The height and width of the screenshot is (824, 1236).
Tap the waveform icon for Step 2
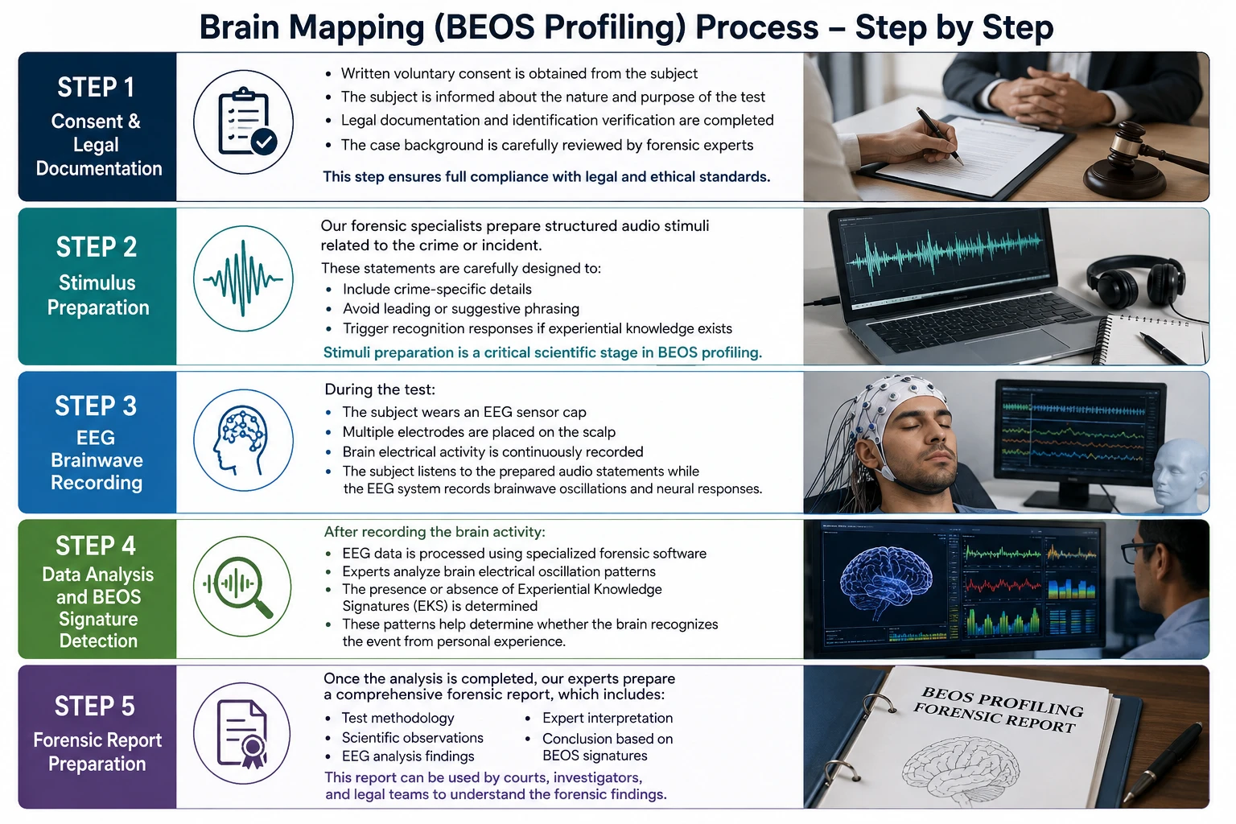243,278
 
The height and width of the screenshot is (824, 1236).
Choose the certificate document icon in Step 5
242,734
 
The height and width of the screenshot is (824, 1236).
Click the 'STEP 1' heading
96,87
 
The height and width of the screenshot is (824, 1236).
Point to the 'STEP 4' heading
96,546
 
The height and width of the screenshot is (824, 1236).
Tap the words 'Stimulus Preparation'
97,295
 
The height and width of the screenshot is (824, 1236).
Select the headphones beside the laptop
1138,282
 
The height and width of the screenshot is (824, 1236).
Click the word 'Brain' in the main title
239,27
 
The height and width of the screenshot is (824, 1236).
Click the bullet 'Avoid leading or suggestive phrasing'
461,308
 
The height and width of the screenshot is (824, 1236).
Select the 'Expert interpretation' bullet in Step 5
608,718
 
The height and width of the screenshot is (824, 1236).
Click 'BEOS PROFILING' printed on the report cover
1003,701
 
